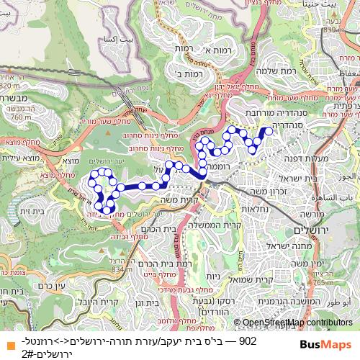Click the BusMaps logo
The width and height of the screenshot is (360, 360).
point(325,343)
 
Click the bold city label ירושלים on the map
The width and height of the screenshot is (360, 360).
point(310,229)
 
